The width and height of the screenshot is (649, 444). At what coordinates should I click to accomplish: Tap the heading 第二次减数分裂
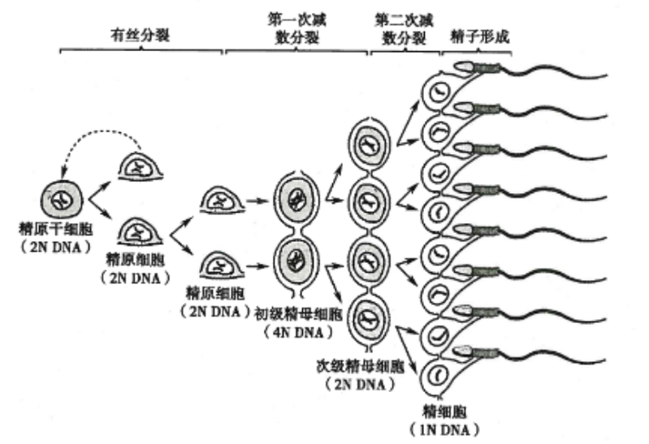point(403,25)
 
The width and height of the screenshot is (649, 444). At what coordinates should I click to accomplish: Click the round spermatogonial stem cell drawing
point(61,200)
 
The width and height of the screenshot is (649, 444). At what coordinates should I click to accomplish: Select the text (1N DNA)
point(446,428)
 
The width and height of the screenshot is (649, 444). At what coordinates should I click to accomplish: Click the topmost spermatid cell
point(440,89)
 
